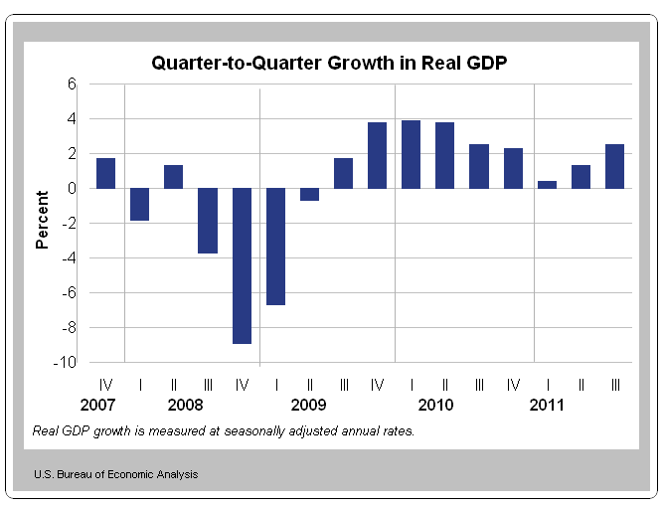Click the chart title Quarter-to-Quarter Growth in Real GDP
pos(330,64)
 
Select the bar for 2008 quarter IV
pos(242,265)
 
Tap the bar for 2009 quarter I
pos(275,247)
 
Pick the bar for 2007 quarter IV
pos(105,173)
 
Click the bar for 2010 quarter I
pos(412,154)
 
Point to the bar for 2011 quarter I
pos(547,184)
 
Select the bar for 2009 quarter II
pos(309,194)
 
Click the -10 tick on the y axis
pos(65,363)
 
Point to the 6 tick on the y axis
pos(72,85)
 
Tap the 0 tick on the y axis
pos(72,188)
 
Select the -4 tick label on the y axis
pos(68,257)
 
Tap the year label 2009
pos(309,406)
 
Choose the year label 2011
pos(547,406)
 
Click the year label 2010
pos(435,406)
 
